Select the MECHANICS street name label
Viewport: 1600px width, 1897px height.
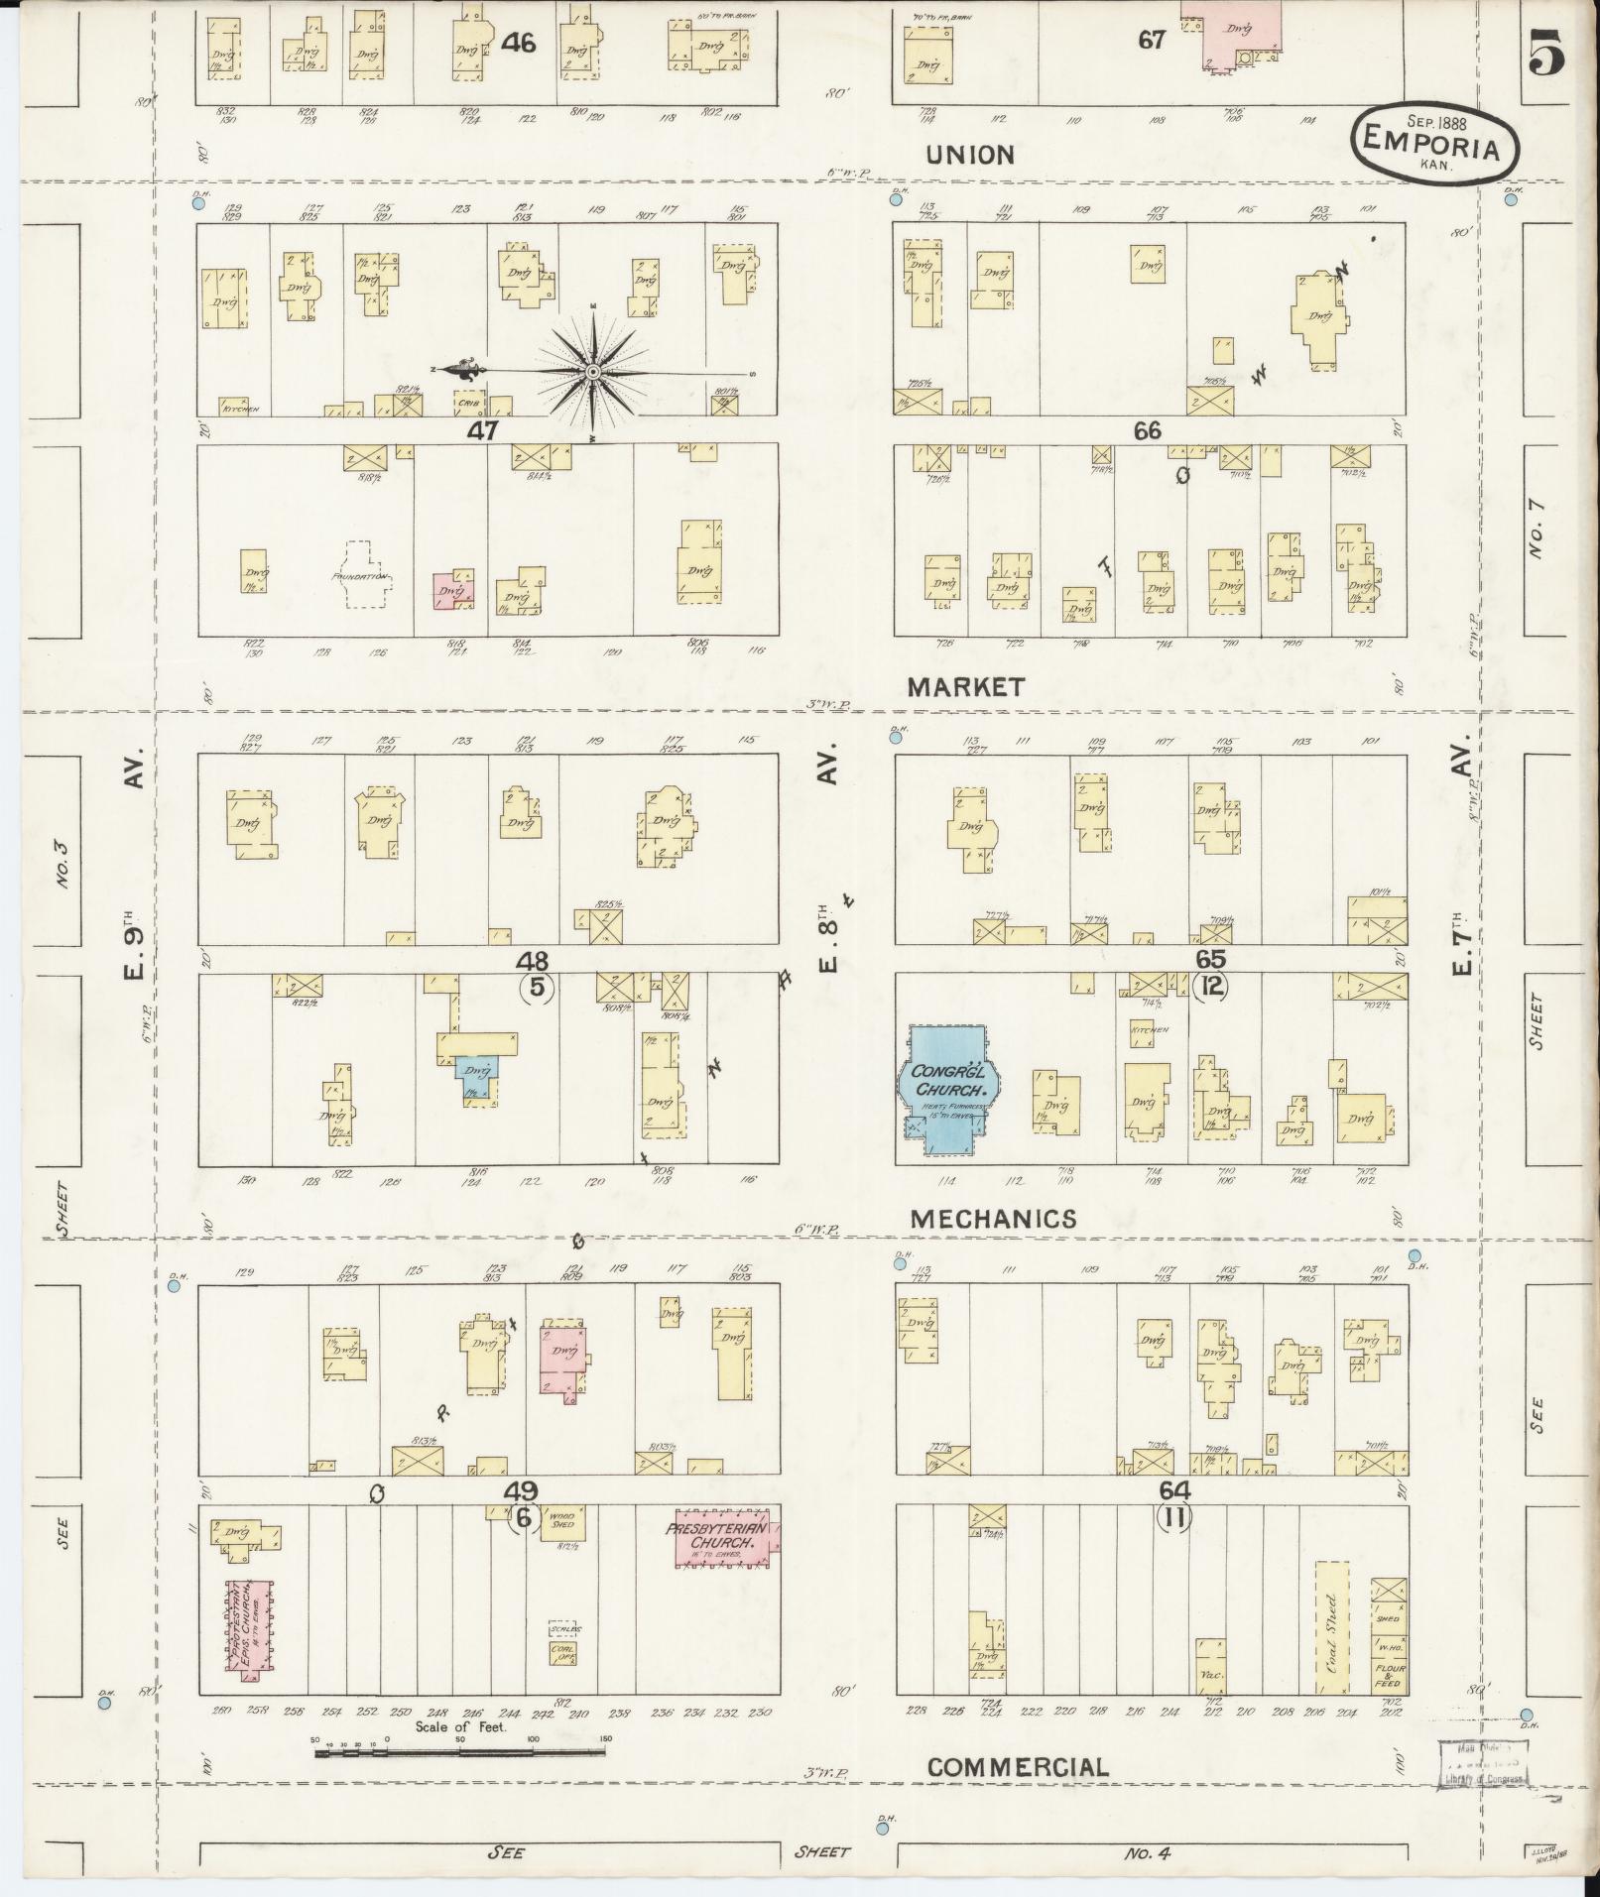coord(993,1219)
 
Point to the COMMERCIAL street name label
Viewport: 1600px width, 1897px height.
coord(1018,1767)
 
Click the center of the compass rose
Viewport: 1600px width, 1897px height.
coord(592,372)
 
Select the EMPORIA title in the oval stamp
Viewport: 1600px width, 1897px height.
coord(1437,141)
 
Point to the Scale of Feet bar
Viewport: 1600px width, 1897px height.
coord(459,1753)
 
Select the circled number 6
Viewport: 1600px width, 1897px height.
coord(525,1519)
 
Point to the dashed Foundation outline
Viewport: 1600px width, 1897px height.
coord(358,575)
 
